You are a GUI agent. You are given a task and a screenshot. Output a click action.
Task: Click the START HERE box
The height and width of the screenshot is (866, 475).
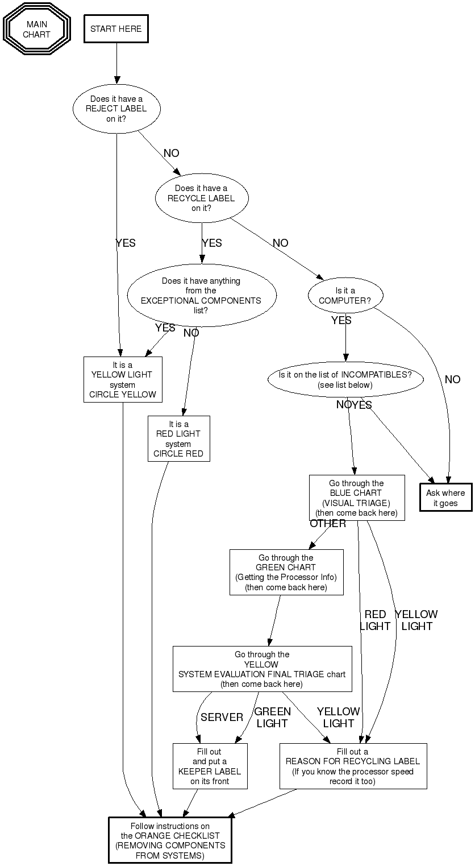(x=116, y=28)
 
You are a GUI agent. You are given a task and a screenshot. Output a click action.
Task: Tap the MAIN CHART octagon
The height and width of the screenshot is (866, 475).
(x=37, y=29)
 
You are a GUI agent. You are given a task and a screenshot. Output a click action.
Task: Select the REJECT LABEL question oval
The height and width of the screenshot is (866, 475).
(x=116, y=109)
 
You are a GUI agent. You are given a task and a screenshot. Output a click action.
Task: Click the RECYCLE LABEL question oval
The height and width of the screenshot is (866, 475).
(x=201, y=198)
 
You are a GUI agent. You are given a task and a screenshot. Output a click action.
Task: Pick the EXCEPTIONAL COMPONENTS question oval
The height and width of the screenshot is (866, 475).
(x=201, y=296)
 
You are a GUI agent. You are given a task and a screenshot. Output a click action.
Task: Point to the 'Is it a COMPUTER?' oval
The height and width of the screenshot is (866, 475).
(x=345, y=296)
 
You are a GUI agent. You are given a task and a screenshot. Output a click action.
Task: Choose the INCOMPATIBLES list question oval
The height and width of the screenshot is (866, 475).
(x=345, y=380)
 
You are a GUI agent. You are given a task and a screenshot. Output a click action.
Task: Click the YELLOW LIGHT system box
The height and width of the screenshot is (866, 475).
(x=123, y=379)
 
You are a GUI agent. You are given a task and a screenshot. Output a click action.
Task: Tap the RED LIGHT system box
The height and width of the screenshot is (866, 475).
(x=178, y=439)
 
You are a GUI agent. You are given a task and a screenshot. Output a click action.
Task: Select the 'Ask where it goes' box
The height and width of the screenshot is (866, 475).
(x=445, y=498)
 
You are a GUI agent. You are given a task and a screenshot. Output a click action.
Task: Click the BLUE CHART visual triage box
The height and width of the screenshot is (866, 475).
(x=356, y=498)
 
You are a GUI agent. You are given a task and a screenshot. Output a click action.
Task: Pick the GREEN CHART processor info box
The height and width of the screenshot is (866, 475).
(x=286, y=572)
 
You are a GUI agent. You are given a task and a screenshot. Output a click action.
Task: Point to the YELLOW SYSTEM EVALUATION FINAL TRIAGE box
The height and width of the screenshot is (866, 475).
(x=262, y=669)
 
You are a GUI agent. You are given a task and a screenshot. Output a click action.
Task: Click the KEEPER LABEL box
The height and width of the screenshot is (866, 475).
(x=210, y=766)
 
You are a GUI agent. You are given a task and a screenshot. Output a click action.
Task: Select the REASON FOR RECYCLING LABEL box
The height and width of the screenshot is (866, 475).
(x=352, y=766)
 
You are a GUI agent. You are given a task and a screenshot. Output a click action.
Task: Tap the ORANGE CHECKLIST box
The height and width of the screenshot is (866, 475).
(x=170, y=840)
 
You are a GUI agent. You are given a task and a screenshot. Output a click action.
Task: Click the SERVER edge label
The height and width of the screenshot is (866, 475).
(x=222, y=718)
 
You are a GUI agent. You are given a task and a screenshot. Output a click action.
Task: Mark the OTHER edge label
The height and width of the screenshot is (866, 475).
(x=328, y=524)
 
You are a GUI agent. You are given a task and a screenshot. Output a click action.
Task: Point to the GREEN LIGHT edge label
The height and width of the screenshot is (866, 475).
(x=272, y=718)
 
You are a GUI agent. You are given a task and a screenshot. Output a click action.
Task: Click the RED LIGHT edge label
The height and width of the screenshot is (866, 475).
(x=375, y=620)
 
